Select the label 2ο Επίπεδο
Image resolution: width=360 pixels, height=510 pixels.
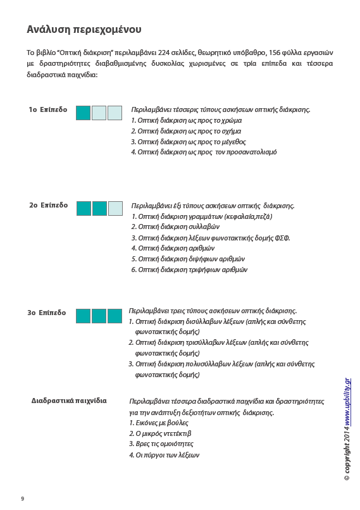(x=48, y=206)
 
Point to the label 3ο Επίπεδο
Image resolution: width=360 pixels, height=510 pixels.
(x=46, y=313)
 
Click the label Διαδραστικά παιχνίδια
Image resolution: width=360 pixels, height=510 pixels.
(x=69, y=401)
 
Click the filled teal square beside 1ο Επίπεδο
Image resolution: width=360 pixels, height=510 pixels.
(x=83, y=113)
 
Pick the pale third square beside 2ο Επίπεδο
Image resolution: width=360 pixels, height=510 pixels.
(x=115, y=208)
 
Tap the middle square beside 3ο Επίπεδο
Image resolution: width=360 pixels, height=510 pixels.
(x=99, y=316)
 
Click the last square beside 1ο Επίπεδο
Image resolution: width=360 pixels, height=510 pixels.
(x=115, y=113)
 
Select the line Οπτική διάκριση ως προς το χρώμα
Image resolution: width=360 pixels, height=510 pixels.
(x=186, y=120)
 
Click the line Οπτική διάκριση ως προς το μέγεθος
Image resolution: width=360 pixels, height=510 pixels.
(x=188, y=142)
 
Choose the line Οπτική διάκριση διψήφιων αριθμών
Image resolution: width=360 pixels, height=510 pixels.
(x=188, y=259)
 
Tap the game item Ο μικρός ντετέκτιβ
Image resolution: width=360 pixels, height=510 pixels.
(x=160, y=433)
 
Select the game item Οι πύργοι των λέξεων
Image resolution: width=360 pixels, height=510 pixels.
(x=164, y=455)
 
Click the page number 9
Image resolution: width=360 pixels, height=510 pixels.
(x=22, y=499)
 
